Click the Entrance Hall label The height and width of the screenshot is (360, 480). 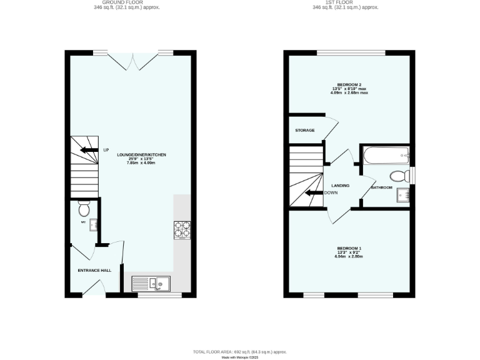point(94,270)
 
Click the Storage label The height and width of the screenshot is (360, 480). point(305,130)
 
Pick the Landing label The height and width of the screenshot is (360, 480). point(341,186)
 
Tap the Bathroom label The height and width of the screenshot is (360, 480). point(381,187)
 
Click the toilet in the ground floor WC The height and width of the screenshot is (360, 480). point(84,204)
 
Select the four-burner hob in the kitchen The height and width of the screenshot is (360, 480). point(182,230)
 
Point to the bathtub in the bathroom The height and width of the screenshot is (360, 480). point(386,153)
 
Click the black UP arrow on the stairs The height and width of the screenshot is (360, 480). point(89,150)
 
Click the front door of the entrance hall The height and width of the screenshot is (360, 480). point(94,288)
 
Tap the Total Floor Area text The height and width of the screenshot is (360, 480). point(239,352)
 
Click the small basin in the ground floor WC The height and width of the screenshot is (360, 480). point(93,224)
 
